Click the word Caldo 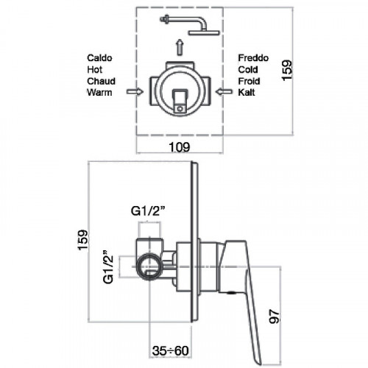[x=99, y=58]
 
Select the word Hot [x=94, y=70]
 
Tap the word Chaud [x=101, y=81]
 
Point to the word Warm [x=99, y=93]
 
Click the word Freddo [x=253, y=58]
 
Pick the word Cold [x=248, y=70]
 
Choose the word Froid [x=249, y=81]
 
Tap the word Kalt [x=247, y=93]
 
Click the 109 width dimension [x=180, y=147]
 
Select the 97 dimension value [x=274, y=316]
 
